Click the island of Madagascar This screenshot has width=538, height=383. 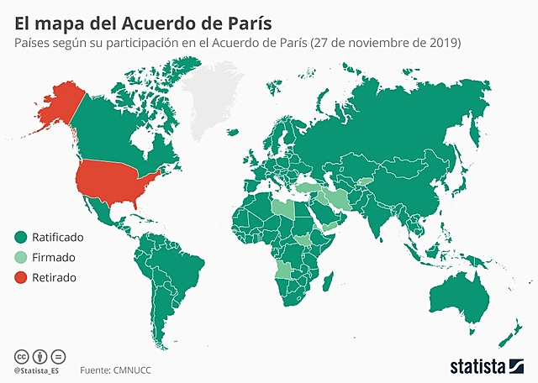tap(335, 290)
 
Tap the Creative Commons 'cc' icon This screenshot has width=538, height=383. tap(19, 356)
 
